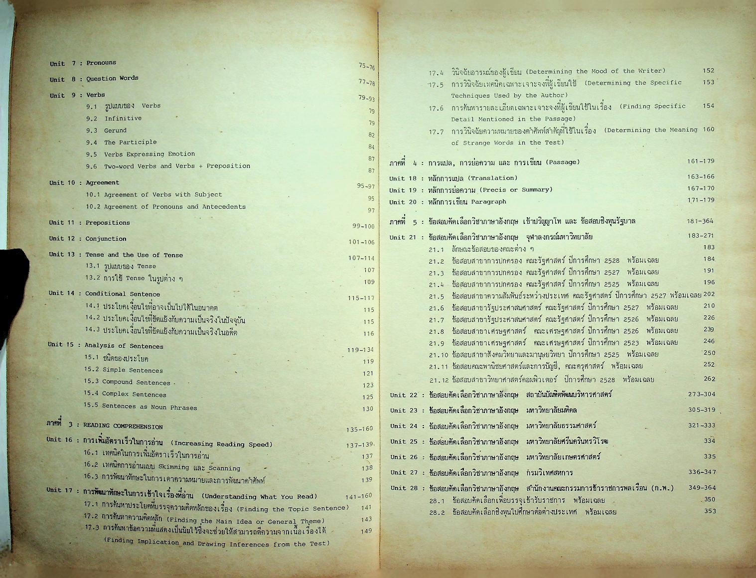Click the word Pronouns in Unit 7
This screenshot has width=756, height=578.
click(x=101, y=63)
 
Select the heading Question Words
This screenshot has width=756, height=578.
click(x=112, y=78)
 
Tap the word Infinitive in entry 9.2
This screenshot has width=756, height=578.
click(x=123, y=118)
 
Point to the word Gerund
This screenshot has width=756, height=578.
click(x=115, y=130)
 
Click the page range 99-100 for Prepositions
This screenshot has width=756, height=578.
click(x=363, y=226)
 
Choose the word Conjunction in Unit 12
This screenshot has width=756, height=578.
click(x=106, y=239)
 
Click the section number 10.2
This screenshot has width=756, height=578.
click(x=93, y=207)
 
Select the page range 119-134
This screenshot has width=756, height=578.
click(x=360, y=350)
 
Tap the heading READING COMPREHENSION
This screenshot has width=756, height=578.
click(x=123, y=426)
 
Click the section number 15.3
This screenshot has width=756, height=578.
click(x=91, y=382)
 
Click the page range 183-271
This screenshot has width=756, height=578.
click(x=700, y=235)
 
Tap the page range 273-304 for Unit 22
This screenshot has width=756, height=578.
click(x=702, y=394)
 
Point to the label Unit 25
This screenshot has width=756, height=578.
click(x=404, y=441)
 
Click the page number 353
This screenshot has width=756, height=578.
click(x=710, y=511)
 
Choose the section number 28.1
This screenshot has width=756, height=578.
click(x=437, y=500)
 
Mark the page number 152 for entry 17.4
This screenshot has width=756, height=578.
click(x=708, y=71)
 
